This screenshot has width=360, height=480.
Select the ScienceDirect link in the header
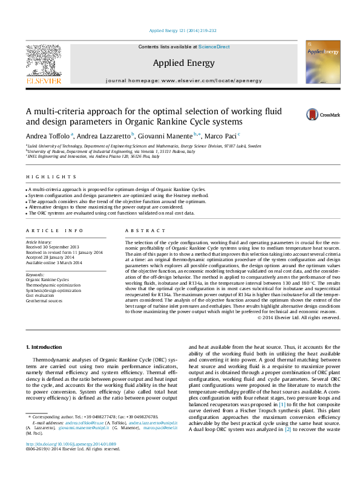tap(214, 47)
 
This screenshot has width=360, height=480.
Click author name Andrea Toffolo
tap(47, 135)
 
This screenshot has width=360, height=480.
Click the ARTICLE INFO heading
tap(46, 231)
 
